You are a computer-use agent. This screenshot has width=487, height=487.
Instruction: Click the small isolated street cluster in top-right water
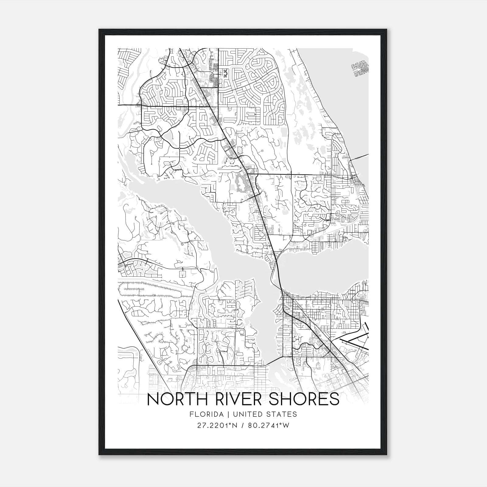coord(359,70)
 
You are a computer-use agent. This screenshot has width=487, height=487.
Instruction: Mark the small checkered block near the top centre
coord(225,73)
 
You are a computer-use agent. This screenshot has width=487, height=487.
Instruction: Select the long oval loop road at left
coord(149,289)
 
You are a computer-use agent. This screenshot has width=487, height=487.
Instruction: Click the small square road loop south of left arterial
coord(182,274)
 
